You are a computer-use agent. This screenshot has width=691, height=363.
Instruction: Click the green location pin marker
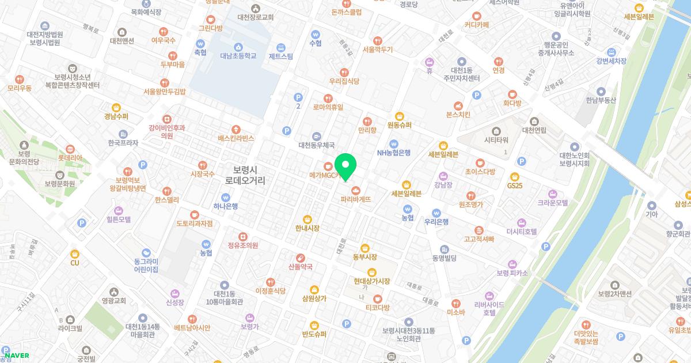click(345, 167)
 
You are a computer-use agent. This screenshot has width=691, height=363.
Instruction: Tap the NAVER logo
click(17, 356)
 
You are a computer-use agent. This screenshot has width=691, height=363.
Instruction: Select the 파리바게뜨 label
click(355, 199)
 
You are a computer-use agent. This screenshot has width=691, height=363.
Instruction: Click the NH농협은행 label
click(394, 153)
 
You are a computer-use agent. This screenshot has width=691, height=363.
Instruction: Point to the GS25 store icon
click(514, 176)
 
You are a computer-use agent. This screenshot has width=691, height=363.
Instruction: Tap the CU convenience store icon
click(74, 254)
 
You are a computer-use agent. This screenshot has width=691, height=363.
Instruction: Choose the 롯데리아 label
click(70, 157)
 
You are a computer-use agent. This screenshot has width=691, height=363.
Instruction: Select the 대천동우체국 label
click(316, 146)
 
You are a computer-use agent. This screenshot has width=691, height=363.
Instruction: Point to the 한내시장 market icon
click(307, 219)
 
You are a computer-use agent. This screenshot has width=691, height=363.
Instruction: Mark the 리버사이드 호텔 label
click(489, 308)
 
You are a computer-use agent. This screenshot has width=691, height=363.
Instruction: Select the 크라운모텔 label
click(553, 203)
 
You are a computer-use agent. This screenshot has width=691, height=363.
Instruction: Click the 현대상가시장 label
click(372, 281)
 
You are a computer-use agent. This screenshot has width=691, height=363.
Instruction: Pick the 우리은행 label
click(436, 222)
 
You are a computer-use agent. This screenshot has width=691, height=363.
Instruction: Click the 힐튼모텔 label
click(119, 220)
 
